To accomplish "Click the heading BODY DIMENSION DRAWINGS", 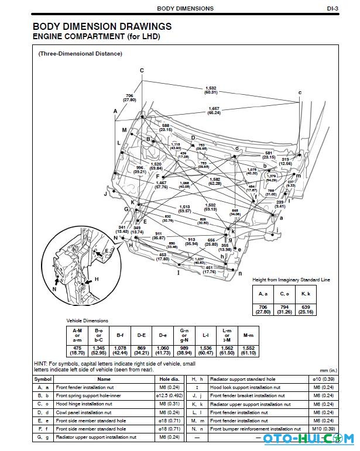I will [x=102, y=26].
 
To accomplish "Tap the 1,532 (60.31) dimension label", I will [x=211, y=90].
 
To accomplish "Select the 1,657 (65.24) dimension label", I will [x=214, y=110].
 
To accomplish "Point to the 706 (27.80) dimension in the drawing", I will [x=130, y=97].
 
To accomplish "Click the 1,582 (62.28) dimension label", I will [x=214, y=182].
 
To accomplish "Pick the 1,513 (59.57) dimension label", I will [x=184, y=208].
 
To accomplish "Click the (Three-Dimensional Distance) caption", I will [x=80, y=54].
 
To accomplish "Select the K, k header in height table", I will [x=306, y=294].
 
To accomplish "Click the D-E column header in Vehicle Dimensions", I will [x=141, y=336].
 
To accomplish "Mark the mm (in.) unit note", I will [x=328, y=370].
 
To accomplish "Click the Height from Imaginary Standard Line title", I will [x=291, y=280].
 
